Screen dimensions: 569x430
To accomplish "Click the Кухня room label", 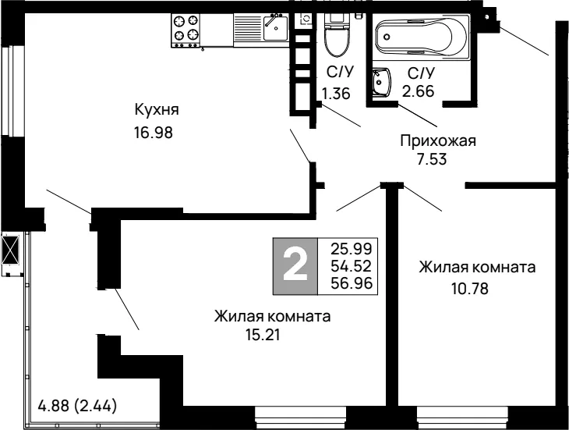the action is click(x=157, y=110).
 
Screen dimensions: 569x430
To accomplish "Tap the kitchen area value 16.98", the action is click(x=154, y=133).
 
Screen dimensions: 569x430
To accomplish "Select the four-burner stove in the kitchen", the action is click(x=186, y=30).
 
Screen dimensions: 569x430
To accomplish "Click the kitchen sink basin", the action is click(x=275, y=28).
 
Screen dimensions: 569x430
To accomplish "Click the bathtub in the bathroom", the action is click(x=422, y=37).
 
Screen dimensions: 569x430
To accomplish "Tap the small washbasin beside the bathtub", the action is click(x=381, y=82).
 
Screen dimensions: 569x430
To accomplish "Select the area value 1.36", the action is click(x=336, y=94).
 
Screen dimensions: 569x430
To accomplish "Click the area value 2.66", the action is click(x=418, y=91).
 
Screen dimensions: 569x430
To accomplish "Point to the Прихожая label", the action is click(x=438, y=141).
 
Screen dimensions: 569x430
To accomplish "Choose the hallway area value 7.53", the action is click(x=432, y=159).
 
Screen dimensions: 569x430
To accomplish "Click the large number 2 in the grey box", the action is click(x=295, y=266).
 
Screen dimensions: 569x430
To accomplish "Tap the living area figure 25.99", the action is click(x=352, y=249).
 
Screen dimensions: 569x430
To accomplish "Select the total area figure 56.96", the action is click(x=352, y=283).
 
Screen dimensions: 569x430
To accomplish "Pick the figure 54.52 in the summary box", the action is click(x=352, y=266).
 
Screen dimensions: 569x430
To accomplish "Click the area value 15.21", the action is click(x=263, y=335).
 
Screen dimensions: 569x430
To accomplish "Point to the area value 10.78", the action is click(x=470, y=289).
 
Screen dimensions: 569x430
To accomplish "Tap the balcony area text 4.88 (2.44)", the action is click(x=77, y=406).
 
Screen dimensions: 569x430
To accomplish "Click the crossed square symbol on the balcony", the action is click(x=10, y=250).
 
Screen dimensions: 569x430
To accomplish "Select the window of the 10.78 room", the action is click(x=462, y=418).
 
